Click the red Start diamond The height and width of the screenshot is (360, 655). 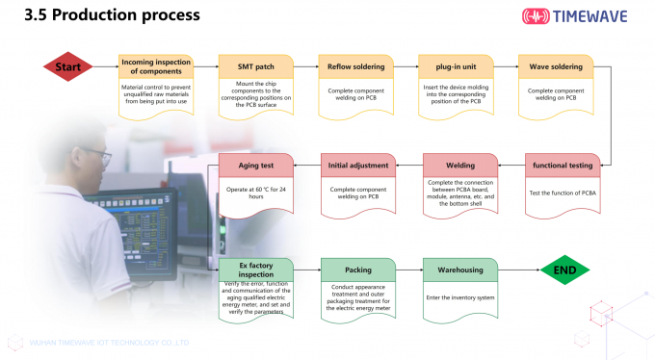pos(67,67)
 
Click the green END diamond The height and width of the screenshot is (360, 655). pos(564,270)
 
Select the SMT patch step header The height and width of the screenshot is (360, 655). pos(256,67)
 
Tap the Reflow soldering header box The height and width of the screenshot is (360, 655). pos(356,67)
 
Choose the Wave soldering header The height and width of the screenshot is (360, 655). pos(556,67)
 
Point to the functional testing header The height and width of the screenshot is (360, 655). pos(562,166)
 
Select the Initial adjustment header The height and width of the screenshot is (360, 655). pos(358,166)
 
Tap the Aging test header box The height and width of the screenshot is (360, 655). pos(257,166)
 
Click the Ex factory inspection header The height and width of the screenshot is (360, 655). pos(257,270)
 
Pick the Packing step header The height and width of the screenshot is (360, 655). pos(358,270)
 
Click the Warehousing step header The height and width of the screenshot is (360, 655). pos(459,270)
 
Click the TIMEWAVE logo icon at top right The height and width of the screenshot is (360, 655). pos(542,16)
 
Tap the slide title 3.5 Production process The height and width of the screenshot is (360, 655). pos(112,15)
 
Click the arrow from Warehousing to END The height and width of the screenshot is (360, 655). pos(518,270)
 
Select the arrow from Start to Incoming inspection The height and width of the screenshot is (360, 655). pos(105,67)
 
